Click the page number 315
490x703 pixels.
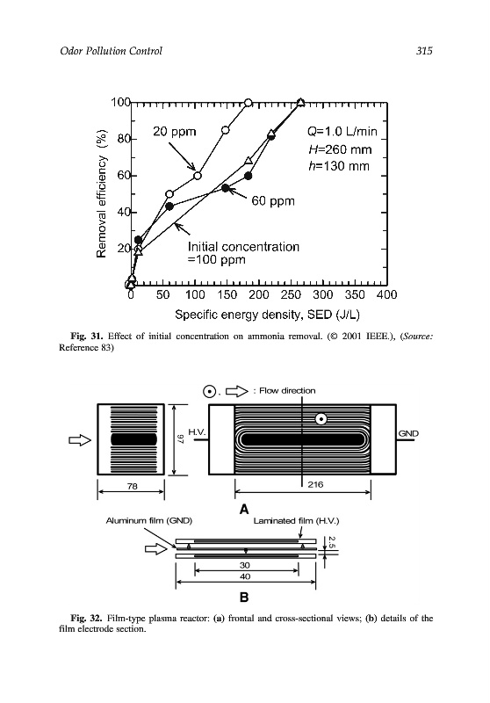point(424,51)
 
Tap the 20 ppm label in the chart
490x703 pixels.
point(175,131)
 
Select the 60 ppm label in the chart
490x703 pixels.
point(273,201)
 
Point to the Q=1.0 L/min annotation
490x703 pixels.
point(342,131)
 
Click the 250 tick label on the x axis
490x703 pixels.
point(291,294)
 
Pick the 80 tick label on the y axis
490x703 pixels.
point(123,139)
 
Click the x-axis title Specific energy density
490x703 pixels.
point(268,315)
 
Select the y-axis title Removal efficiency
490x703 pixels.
point(102,193)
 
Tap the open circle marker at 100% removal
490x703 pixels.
point(249,103)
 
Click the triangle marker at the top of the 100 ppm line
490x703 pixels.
point(301,102)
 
